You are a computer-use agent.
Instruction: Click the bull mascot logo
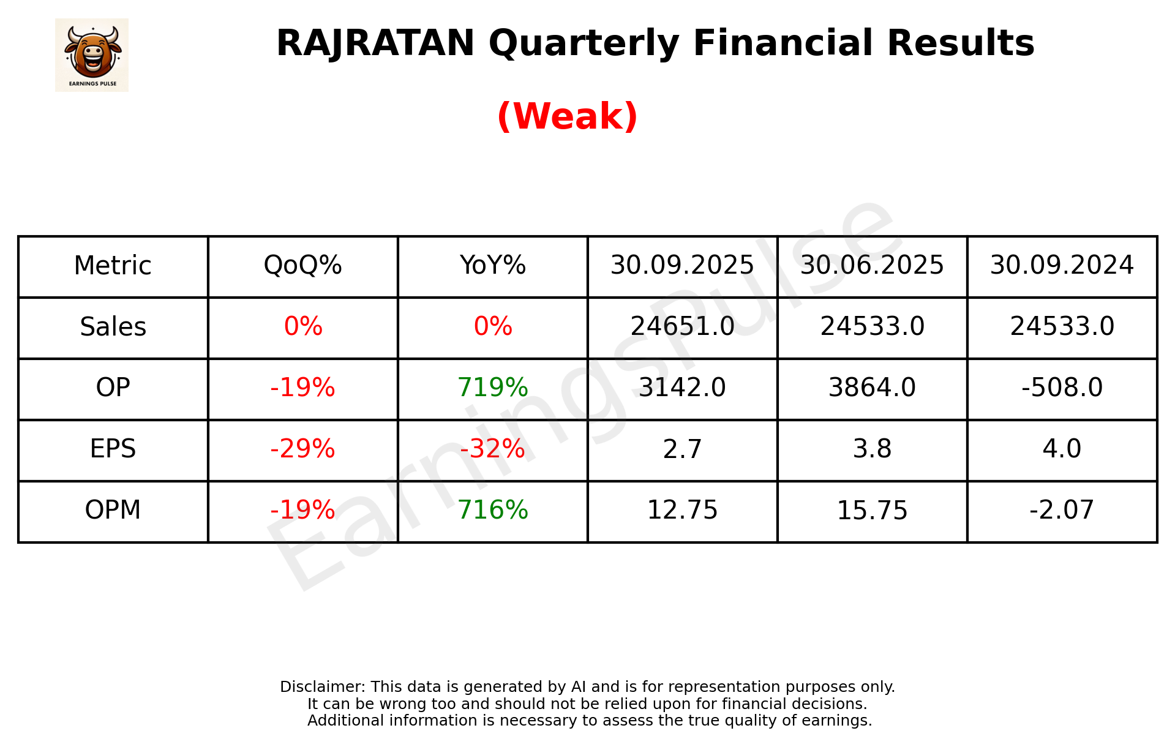pos(92,54)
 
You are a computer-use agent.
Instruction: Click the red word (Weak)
pos(567,116)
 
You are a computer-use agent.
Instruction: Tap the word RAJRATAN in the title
pos(375,43)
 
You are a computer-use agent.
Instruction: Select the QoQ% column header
pos(302,266)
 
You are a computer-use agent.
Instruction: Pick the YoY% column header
pos(492,266)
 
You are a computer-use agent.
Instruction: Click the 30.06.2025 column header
pos(872,266)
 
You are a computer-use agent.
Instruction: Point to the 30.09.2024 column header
pos(1062,266)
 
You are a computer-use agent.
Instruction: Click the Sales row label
pos(113,327)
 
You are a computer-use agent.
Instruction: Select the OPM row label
pos(113,510)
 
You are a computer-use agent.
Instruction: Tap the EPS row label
pos(113,449)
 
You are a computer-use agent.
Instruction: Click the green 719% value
pos(492,388)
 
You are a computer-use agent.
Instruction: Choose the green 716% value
pos(492,510)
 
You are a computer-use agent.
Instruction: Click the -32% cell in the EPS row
pos(492,449)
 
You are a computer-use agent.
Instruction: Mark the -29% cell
pos(302,449)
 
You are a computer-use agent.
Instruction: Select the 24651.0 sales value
pos(682,327)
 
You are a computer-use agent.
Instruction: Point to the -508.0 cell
pos(1062,388)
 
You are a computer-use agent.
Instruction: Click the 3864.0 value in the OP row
pos(872,388)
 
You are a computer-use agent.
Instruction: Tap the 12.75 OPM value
pos(682,510)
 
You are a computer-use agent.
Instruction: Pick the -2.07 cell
pos(1062,510)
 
